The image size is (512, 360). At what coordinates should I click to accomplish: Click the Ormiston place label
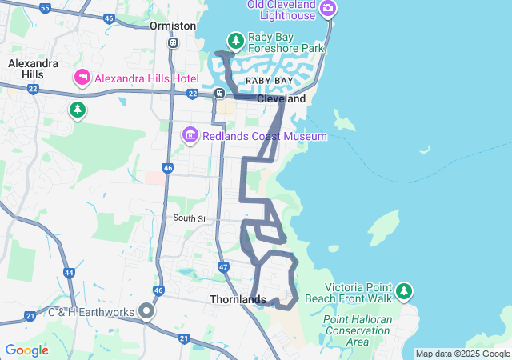(173, 26)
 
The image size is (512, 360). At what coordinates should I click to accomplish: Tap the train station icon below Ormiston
(173, 42)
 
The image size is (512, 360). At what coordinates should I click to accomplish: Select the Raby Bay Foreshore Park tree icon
(235, 40)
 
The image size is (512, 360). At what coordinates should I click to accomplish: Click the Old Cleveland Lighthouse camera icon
(327, 9)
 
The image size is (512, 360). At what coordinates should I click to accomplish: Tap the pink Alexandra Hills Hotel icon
(81, 78)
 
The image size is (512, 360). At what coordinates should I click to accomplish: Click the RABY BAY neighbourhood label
(269, 82)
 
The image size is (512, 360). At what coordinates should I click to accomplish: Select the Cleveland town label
(281, 99)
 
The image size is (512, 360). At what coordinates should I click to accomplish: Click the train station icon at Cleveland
(218, 94)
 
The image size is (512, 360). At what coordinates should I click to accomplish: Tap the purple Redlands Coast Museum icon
(190, 136)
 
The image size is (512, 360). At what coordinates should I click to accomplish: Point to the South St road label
(190, 218)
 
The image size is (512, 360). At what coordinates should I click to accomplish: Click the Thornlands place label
(238, 299)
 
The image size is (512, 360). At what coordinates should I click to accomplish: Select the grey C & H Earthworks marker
(147, 310)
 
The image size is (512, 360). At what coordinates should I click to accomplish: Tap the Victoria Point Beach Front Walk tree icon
(404, 290)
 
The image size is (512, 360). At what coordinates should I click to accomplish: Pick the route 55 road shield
(45, 8)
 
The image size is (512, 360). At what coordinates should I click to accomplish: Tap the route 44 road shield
(69, 273)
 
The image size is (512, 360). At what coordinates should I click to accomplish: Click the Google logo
(26, 350)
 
